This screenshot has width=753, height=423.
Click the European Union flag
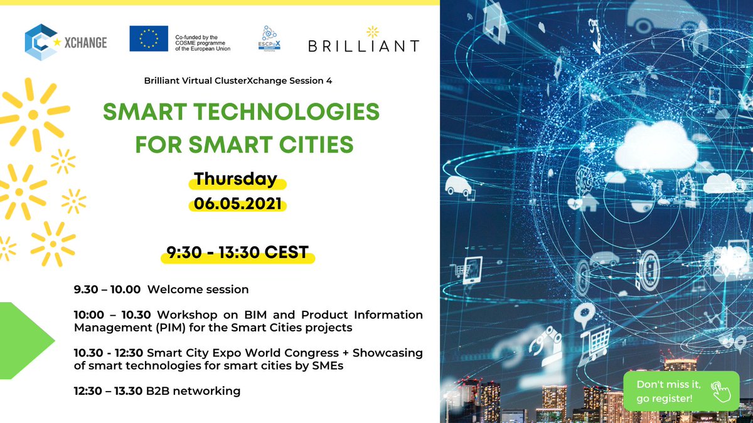148,39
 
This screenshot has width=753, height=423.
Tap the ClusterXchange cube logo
39,43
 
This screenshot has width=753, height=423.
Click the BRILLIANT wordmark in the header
363,45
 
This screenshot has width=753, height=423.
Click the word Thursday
235,179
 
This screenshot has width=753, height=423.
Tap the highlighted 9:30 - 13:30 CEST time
237,253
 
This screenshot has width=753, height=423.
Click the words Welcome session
198,290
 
